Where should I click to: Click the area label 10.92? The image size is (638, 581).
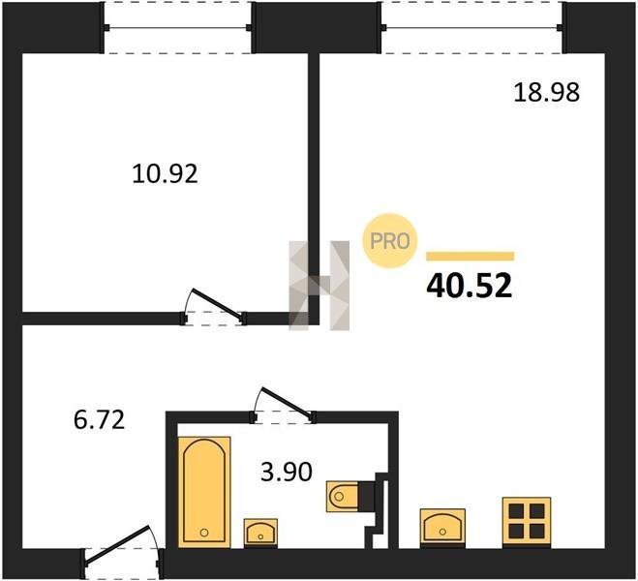(x=165, y=173)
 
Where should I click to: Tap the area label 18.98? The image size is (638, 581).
(x=546, y=92)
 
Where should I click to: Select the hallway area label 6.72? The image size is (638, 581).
(x=100, y=420)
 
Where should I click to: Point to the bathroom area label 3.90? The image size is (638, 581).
(x=287, y=472)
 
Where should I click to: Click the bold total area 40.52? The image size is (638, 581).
(x=470, y=286)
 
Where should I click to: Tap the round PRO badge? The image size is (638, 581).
(x=390, y=241)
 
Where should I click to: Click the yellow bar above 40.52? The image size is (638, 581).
(x=470, y=256)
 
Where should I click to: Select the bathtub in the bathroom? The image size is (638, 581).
(x=204, y=492)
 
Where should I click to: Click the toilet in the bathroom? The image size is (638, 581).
(x=342, y=496)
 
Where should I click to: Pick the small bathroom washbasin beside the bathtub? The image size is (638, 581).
(x=260, y=533)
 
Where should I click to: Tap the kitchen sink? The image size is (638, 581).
(x=442, y=527)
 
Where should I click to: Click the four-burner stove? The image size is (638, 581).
(x=527, y=521)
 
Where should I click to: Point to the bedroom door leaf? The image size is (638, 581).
(x=217, y=303)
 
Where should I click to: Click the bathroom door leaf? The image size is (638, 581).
(x=287, y=403)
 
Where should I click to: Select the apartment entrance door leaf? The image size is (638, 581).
(x=117, y=545)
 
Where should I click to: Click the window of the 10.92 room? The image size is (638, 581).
(x=178, y=28)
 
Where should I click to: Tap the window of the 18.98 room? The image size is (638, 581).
(x=472, y=28)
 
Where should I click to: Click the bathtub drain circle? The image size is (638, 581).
(x=204, y=533)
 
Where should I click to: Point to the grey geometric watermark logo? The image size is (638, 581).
(x=319, y=286)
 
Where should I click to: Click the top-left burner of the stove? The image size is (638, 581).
(x=516, y=510)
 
